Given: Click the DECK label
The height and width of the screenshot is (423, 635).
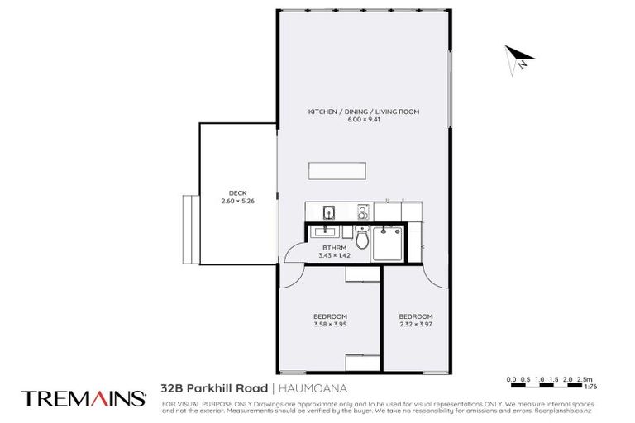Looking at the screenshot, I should (x=236, y=193).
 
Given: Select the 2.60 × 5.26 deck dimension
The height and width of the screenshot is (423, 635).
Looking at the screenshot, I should (x=236, y=202).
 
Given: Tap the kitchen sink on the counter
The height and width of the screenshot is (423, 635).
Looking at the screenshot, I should (x=327, y=211).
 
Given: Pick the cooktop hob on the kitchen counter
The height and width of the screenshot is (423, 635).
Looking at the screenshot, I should (x=361, y=211).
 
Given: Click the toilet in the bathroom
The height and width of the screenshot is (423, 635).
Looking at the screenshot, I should (x=362, y=238).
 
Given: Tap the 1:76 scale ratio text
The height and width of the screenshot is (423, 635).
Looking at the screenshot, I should (x=590, y=387).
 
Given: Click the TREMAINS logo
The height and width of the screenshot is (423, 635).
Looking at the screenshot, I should (x=83, y=397).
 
